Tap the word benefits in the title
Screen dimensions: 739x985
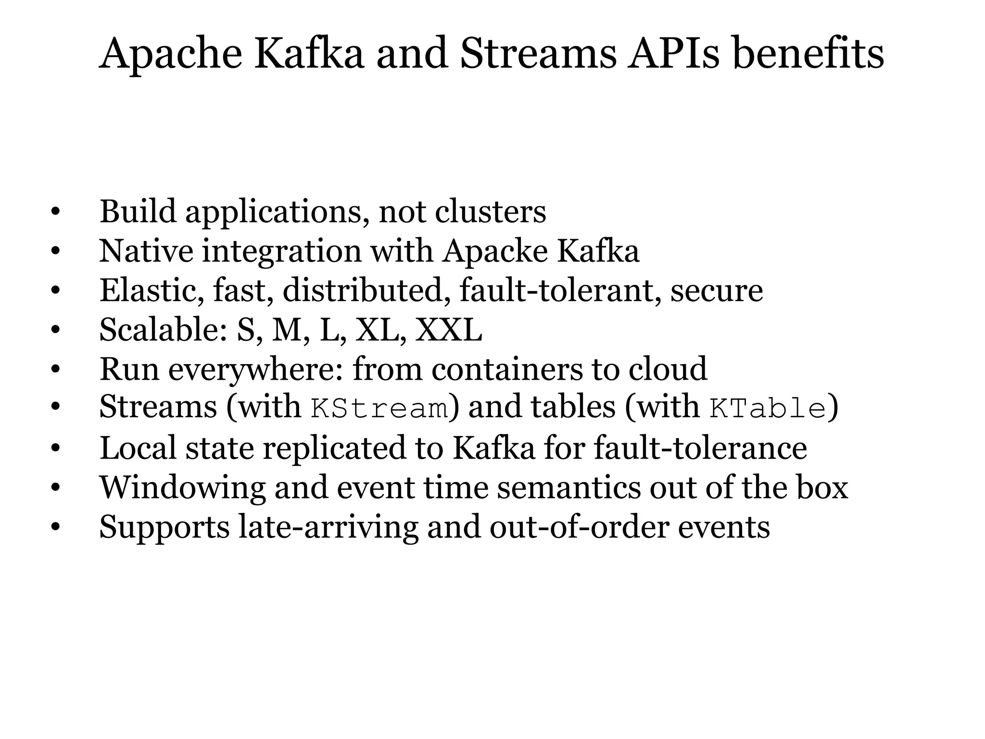(x=808, y=53)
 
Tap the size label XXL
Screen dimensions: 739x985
(x=448, y=331)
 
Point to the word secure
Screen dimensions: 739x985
(x=717, y=291)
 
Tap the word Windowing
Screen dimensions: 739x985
(x=182, y=487)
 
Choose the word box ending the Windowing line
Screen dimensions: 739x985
(x=822, y=487)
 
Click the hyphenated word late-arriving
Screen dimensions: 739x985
(x=328, y=527)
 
